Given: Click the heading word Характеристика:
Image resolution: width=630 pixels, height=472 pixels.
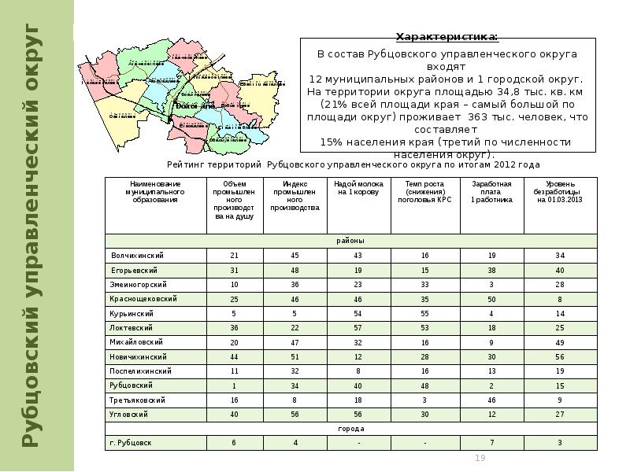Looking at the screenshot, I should (446, 37).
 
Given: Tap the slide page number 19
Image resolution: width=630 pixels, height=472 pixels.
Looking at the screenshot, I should (480, 459).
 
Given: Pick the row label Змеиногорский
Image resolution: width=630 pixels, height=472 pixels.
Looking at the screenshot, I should (139, 284).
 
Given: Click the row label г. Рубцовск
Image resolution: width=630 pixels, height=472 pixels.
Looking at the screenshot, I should (131, 443).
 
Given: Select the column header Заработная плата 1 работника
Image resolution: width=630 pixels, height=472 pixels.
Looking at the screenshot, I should (491, 192).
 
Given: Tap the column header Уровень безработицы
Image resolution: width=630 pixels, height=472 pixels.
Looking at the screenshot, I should (559, 192).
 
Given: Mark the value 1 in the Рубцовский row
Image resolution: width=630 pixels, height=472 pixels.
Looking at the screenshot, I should (234, 385).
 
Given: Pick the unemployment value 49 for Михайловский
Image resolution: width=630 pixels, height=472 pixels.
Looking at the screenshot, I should (560, 342).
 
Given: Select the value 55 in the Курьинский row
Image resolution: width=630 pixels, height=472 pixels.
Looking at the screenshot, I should (424, 313).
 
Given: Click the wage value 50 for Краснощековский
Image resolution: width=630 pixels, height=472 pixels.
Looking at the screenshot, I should (491, 299).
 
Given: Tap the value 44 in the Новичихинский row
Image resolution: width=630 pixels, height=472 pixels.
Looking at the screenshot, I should (234, 356).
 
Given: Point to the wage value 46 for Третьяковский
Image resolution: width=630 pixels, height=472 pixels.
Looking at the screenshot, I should (491, 400).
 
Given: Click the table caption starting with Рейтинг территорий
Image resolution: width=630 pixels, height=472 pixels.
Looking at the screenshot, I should (353, 165).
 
